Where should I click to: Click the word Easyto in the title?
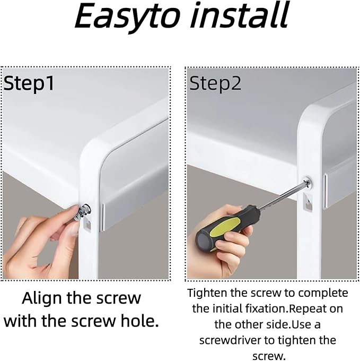127,16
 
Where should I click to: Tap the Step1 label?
29,83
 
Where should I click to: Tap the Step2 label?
215,83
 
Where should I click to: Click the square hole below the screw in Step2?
308,202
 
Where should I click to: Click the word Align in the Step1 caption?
41,298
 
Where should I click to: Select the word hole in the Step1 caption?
140,321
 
